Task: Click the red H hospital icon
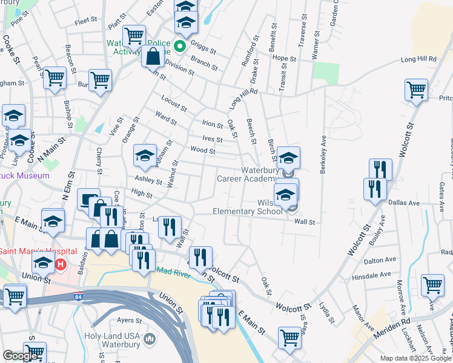click(60, 264)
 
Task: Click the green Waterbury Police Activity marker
click(180, 46)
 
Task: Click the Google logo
click(20, 356)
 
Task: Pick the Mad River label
click(176, 273)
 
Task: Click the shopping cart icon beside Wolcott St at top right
click(416, 89)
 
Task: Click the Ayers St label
click(129, 320)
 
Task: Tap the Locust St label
click(174, 103)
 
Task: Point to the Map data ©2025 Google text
click(415, 358)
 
